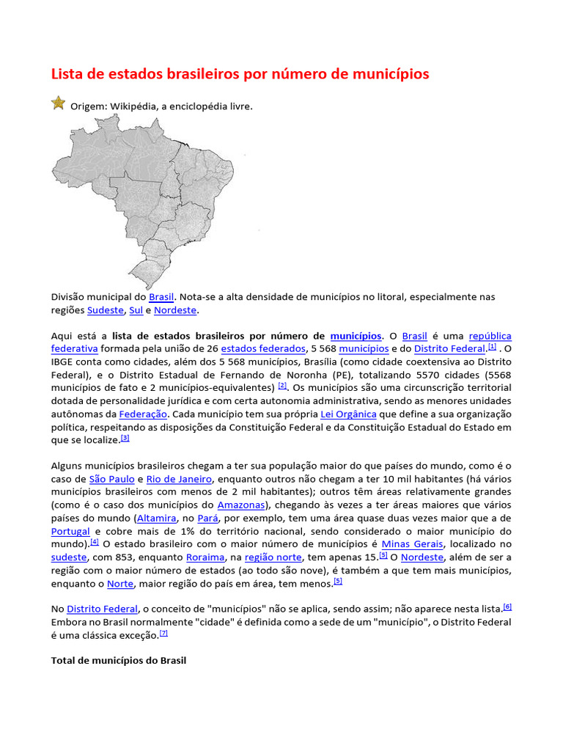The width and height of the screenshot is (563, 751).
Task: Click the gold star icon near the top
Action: click(59, 103)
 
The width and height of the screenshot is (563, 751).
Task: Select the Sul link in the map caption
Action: click(136, 310)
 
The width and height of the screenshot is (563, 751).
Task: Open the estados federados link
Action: click(262, 349)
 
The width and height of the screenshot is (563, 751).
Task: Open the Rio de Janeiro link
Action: click(179, 480)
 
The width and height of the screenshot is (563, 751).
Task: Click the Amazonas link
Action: click(241, 505)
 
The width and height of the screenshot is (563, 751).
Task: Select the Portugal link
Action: click(70, 532)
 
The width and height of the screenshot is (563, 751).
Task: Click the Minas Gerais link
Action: click(412, 544)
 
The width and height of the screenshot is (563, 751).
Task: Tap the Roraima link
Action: click(205, 557)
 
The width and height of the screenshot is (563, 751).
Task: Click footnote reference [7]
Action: click(163, 633)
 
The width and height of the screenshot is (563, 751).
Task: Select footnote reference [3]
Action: click(125, 438)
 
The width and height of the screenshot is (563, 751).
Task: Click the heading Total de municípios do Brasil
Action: click(119, 661)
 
